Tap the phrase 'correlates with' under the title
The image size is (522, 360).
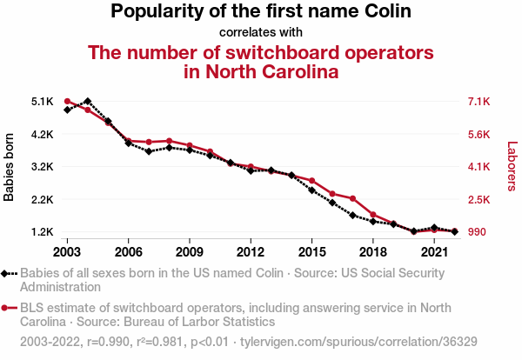click(261, 33)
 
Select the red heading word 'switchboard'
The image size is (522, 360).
click(284, 52)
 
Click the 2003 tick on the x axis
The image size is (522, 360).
click(67, 251)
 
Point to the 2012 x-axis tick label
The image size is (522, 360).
click(251, 251)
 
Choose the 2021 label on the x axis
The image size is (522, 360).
click(434, 251)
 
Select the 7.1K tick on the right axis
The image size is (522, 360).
click(478, 102)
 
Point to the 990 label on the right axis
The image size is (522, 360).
click(477, 232)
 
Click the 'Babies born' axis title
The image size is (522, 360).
click(10, 167)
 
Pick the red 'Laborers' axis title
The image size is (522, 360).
click(512, 167)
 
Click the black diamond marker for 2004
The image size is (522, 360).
click(87, 102)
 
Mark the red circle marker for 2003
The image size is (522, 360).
click(67, 102)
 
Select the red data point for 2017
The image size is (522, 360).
click(352, 198)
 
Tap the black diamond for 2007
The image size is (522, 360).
click(149, 151)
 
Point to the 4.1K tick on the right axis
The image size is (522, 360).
click(478, 167)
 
